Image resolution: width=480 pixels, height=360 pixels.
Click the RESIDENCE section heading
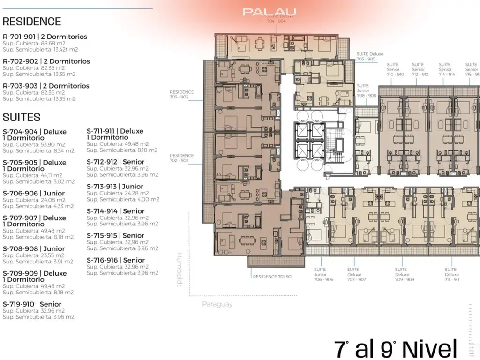32,22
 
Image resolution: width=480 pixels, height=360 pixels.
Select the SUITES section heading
22,117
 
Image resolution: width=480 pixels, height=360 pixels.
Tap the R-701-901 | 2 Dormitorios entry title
45,37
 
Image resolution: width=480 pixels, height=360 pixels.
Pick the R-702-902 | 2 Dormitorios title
46,61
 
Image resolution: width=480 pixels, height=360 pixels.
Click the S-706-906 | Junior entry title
34,193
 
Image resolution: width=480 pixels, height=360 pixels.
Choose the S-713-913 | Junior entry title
115,187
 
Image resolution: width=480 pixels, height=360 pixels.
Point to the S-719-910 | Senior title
32,304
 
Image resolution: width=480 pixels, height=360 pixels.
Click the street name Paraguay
217,304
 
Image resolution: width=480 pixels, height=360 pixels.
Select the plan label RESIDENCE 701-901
273,277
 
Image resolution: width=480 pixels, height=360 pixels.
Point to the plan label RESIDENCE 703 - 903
182,95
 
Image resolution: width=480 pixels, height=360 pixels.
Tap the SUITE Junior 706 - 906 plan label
323,274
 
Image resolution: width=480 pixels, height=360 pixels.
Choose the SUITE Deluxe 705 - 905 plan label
366,56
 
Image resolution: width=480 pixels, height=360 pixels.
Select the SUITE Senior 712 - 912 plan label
420,69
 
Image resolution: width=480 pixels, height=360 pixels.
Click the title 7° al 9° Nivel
396,349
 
